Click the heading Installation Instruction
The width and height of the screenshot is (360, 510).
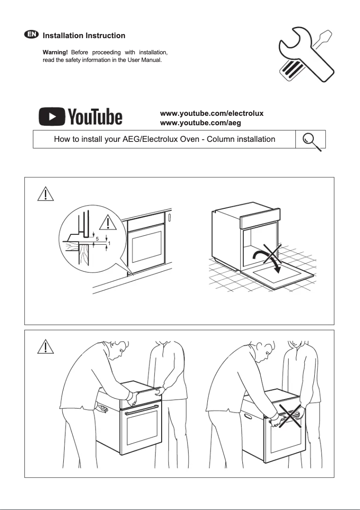click(83, 35)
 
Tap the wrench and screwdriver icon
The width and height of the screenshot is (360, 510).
click(306, 55)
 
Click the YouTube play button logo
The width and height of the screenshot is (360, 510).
click(53, 117)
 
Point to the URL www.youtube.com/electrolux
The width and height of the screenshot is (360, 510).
click(211, 114)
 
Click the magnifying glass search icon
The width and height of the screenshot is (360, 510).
click(311, 140)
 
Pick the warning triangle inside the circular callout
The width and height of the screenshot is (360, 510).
click(108, 223)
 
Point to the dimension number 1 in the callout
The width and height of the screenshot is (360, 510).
click(109, 243)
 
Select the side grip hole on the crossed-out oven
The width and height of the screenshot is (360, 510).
click(248, 417)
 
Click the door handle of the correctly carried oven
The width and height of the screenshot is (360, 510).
click(141, 409)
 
